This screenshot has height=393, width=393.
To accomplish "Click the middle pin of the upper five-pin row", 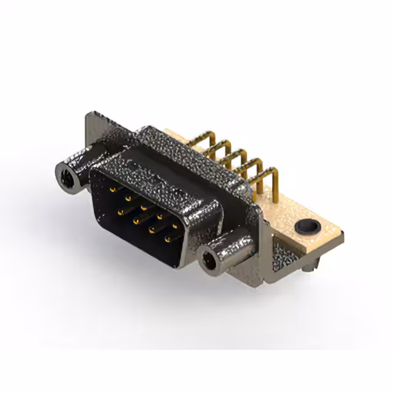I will pyautogui.click(x=143, y=208).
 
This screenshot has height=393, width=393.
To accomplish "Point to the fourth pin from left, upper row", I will pyautogui.click(x=158, y=217).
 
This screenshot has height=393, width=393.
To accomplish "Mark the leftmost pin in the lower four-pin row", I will pyautogui.click(x=120, y=211).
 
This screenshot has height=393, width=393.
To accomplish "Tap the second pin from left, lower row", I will pyautogui.click(x=136, y=220).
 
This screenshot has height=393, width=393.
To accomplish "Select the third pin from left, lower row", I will pyautogui.click(x=151, y=230).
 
